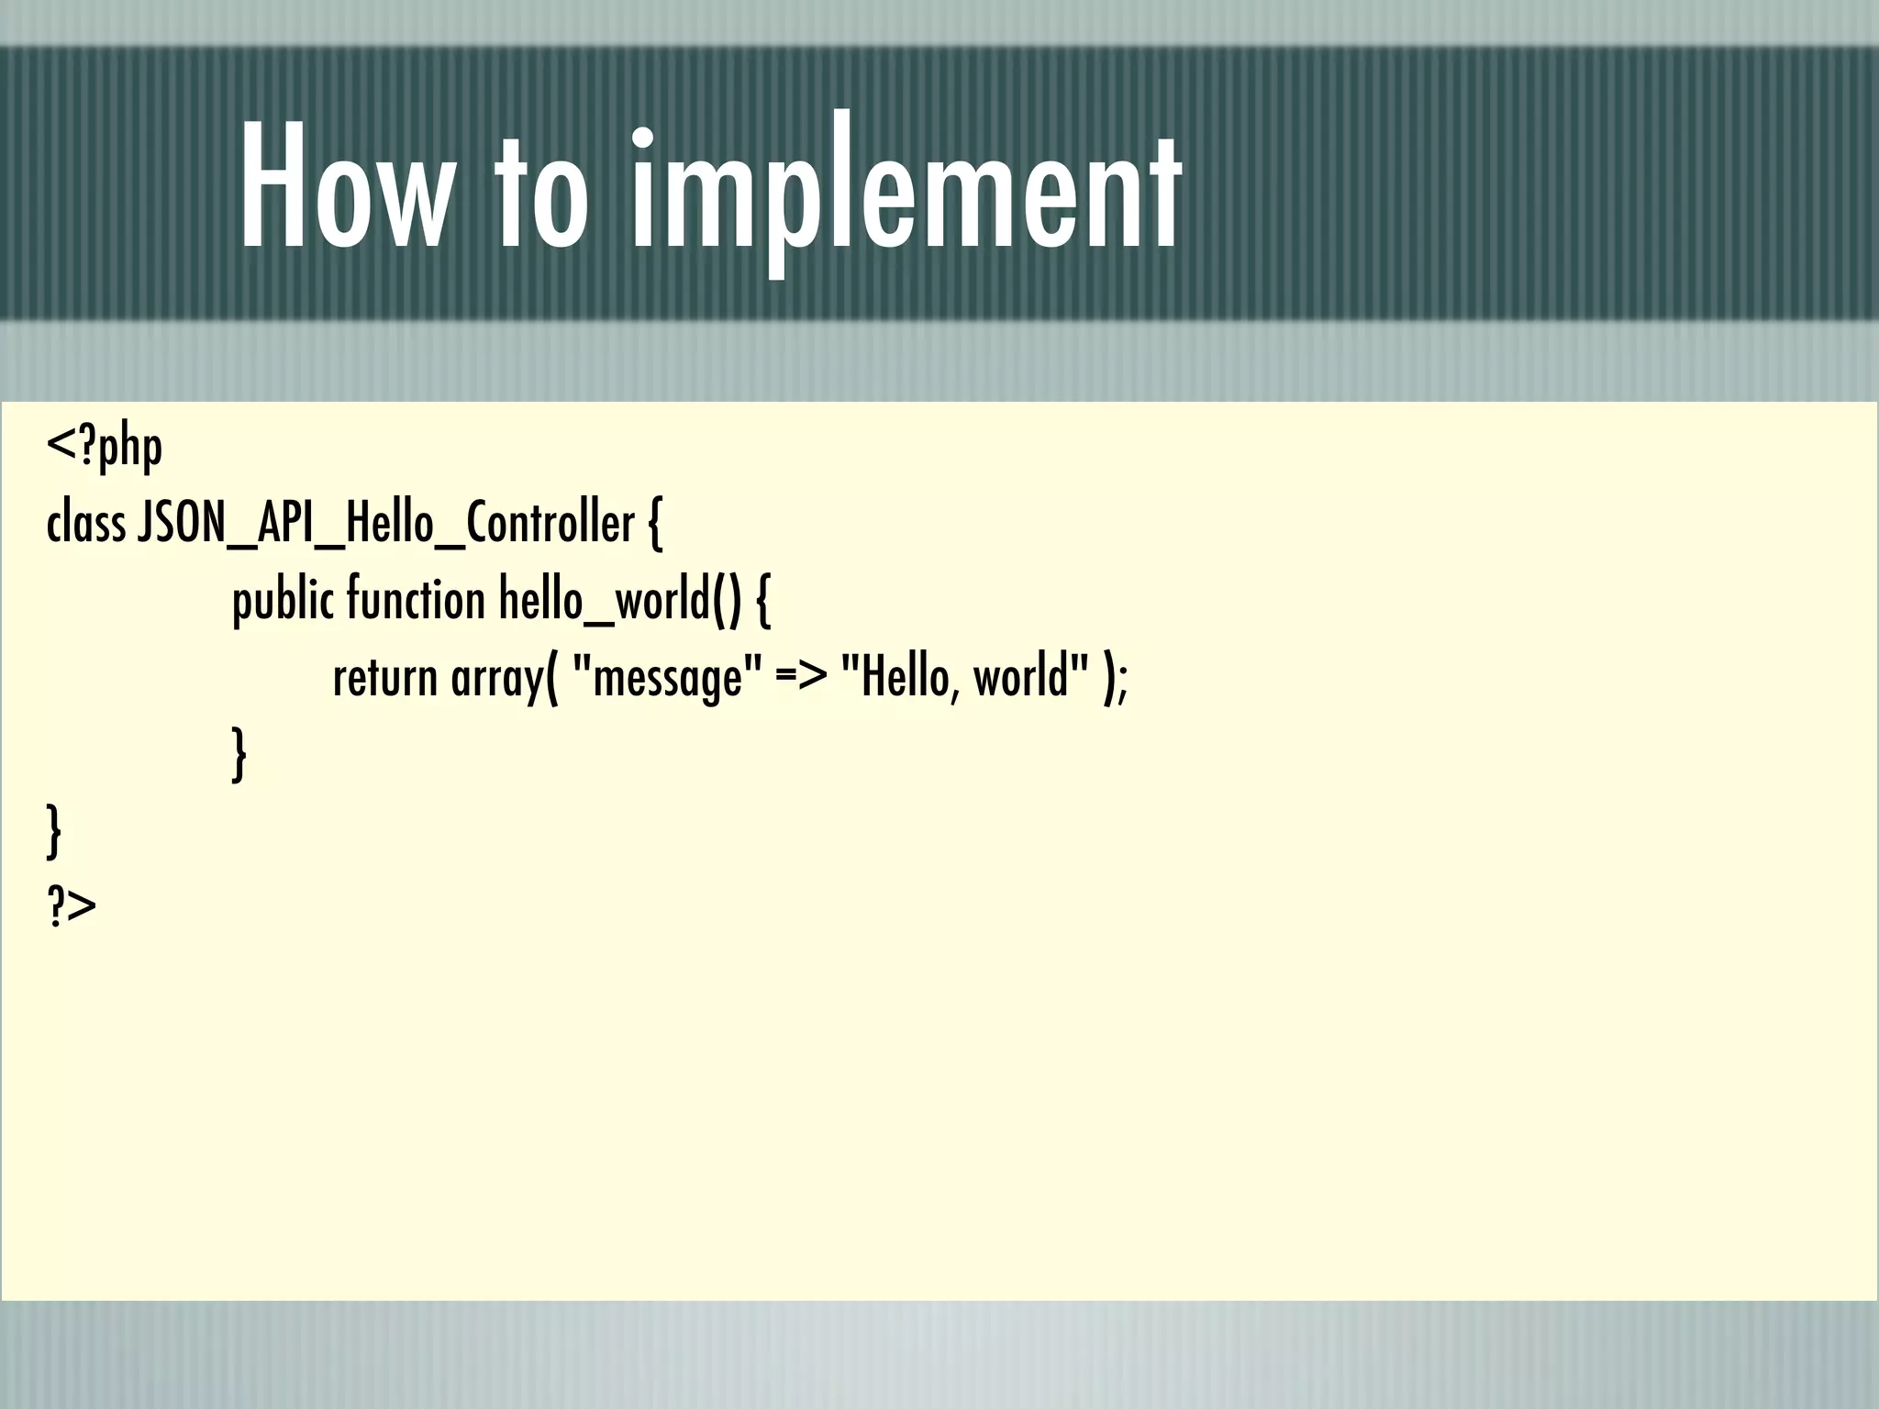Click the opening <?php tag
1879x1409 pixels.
(105, 448)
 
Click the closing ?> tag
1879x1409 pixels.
(71, 907)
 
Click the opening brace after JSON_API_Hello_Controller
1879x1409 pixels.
(654, 525)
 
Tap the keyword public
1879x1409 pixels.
(283, 602)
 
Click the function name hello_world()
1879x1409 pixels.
(619, 600)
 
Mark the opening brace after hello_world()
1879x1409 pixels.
(763, 602)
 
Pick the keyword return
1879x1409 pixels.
(385, 679)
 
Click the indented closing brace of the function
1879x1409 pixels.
(239, 754)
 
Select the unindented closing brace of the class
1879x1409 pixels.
(54, 831)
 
